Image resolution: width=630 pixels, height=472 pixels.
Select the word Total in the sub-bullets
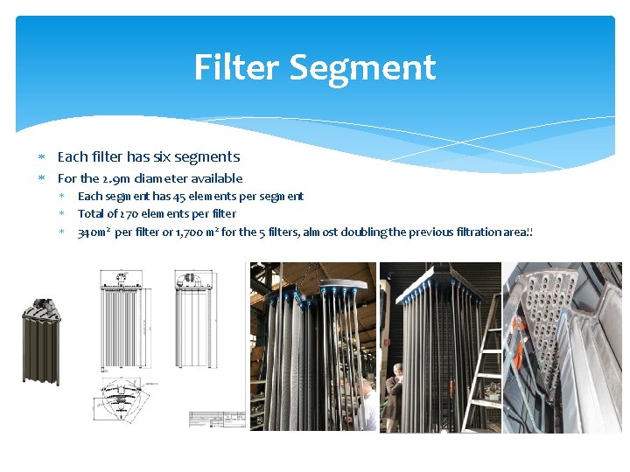pos(91,214)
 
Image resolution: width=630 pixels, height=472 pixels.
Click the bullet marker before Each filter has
pos(41,158)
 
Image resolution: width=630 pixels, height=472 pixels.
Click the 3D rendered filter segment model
pos(41,337)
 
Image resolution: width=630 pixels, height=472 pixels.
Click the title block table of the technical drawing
pos(216,420)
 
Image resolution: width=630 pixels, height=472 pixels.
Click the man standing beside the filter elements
pos(395,398)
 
